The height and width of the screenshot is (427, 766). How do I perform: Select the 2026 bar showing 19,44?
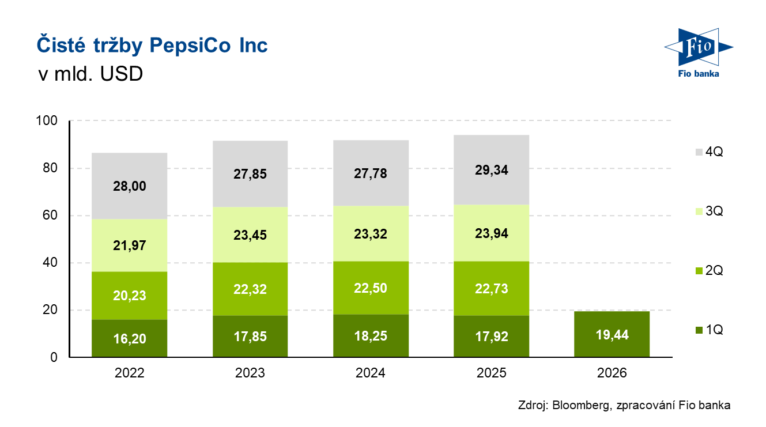point(612,334)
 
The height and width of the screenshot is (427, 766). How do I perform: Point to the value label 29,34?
point(492,171)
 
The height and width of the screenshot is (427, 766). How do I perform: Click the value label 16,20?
point(130,338)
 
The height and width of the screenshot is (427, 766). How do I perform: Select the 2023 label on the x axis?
point(250,373)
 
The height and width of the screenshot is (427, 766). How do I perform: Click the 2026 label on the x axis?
point(612,373)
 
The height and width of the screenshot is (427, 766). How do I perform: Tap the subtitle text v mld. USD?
point(90,75)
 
